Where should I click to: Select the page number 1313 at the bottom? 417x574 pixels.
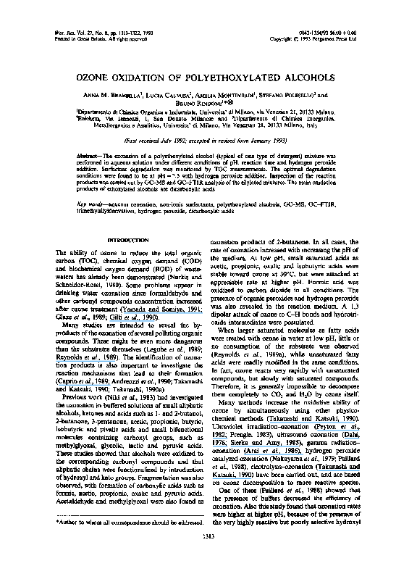(208, 557)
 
